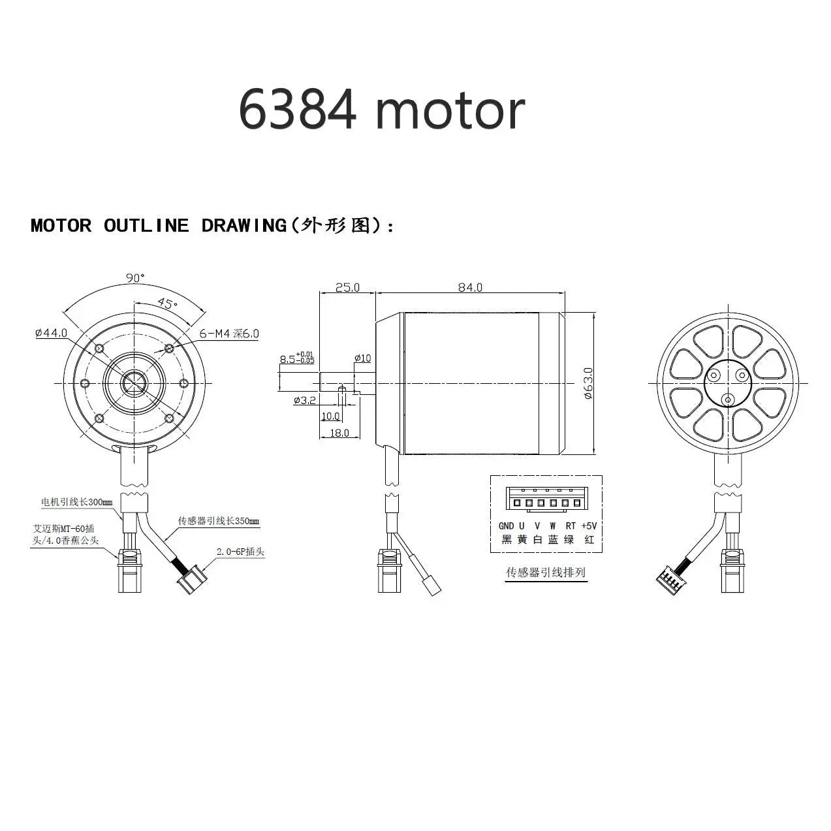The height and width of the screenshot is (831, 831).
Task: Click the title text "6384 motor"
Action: pyautogui.click(x=381, y=109)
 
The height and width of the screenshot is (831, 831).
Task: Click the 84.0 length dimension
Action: pyautogui.click(x=469, y=287)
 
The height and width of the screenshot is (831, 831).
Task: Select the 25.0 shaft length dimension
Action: pyautogui.click(x=347, y=287)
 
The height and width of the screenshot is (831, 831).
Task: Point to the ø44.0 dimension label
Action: pyautogui.click(x=52, y=333)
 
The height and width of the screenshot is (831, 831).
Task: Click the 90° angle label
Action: pyautogui.click(x=135, y=277)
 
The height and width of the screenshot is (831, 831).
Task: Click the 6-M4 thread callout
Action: pyautogui.click(x=228, y=334)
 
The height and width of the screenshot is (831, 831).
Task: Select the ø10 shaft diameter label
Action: pyautogui.click(x=362, y=358)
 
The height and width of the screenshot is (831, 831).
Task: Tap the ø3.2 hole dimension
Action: pyautogui.click(x=305, y=400)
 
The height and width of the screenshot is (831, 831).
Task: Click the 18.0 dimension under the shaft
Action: pyautogui.click(x=339, y=433)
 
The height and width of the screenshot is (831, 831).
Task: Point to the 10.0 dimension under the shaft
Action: pyautogui.click(x=330, y=416)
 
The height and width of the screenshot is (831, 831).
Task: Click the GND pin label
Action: pyautogui.click(x=506, y=526)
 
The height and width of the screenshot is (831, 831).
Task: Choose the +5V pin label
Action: pyautogui.click(x=588, y=526)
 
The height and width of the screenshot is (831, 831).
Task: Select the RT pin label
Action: pyautogui.click(x=571, y=526)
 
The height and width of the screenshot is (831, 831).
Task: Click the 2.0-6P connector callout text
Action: pyautogui.click(x=240, y=552)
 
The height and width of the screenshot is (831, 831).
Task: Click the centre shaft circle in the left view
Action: pyautogui.click(x=135, y=382)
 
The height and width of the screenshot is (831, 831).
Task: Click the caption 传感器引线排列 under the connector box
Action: pyautogui.click(x=546, y=572)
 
